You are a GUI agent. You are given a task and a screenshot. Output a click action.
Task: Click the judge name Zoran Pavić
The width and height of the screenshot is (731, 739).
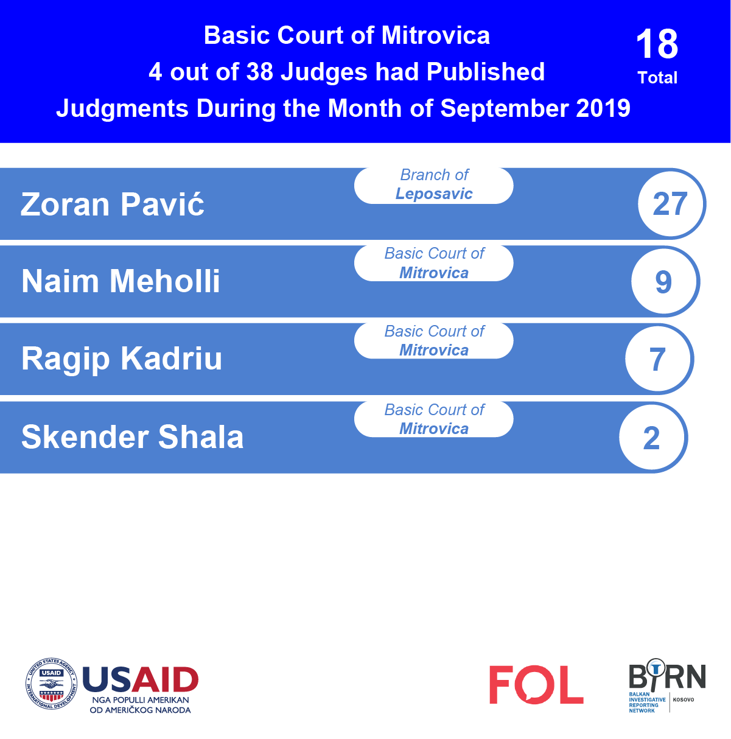pyautogui.click(x=112, y=204)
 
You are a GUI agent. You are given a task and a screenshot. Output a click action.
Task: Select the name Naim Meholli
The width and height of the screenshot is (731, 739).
pyautogui.click(x=121, y=281)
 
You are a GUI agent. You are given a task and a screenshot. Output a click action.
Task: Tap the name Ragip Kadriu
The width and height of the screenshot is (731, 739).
pyautogui.click(x=122, y=359)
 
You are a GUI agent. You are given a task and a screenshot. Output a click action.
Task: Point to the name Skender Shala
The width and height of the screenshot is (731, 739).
pyautogui.click(x=132, y=437)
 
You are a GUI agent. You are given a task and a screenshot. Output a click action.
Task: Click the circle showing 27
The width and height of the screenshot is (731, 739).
pyautogui.click(x=671, y=204)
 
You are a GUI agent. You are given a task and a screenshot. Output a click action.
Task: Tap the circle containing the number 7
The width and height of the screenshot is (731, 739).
pyautogui.click(x=659, y=359)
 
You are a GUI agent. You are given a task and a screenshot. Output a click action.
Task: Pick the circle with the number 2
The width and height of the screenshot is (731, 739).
pyautogui.click(x=652, y=438)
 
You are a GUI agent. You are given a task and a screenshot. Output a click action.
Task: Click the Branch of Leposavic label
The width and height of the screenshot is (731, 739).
pyautogui.click(x=433, y=185)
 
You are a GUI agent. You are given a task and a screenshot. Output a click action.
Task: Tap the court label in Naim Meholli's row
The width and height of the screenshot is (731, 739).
pyautogui.click(x=433, y=263)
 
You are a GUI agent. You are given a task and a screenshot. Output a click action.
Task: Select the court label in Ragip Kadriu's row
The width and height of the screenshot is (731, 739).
pyautogui.click(x=433, y=340)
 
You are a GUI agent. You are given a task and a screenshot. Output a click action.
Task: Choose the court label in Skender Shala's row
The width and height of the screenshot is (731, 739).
pyautogui.click(x=433, y=419)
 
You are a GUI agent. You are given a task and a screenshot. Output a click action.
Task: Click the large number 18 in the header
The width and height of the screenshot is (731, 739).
pyautogui.click(x=657, y=44)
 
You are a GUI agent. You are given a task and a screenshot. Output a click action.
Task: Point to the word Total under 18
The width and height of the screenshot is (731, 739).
pyautogui.click(x=657, y=77)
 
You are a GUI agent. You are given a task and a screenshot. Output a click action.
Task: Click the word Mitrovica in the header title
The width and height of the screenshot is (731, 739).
pyautogui.click(x=435, y=35)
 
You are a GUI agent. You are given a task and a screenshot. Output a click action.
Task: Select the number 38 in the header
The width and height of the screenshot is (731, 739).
pyautogui.click(x=260, y=72)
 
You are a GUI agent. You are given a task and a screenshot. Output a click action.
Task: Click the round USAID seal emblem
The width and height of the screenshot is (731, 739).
pyautogui.click(x=51, y=684)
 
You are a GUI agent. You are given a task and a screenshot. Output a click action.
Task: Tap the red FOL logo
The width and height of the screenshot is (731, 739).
pyautogui.click(x=536, y=685)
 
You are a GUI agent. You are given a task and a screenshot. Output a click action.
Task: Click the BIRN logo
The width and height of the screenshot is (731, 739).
pyautogui.click(x=667, y=685)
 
